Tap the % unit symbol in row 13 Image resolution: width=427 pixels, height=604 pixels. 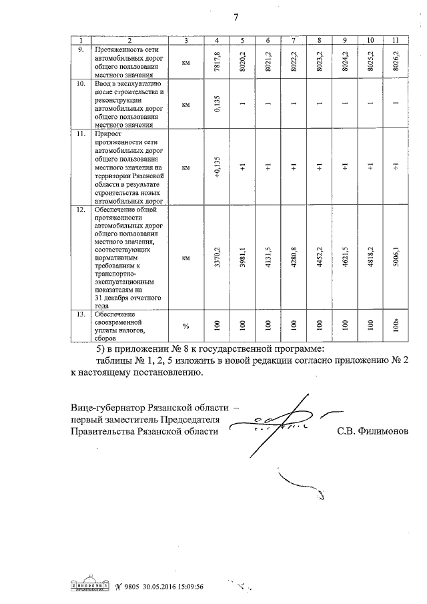point(186,326)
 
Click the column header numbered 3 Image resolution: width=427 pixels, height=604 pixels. point(186,41)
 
